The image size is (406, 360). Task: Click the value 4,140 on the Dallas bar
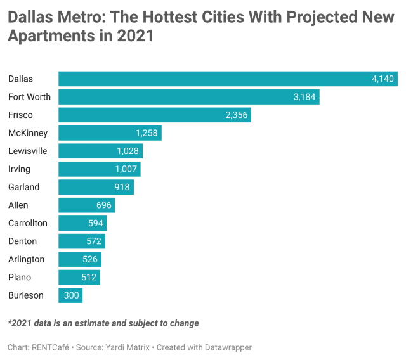pyautogui.click(x=383, y=79)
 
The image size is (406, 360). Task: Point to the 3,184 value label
pyautogui.click(x=304, y=97)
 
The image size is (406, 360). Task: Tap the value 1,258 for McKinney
pyautogui.click(x=147, y=133)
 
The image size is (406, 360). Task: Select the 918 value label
pyautogui.click(x=122, y=187)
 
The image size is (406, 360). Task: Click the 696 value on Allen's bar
pyautogui.click(x=104, y=205)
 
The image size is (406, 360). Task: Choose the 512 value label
pyautogui.click(x=89, y=278)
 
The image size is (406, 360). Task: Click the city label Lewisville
pyautogui.click(x=28, y=151)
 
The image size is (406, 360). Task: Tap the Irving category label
pyautogui.click(x=19, y=169)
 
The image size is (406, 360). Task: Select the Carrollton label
pyautogui.click(x=28, y=223)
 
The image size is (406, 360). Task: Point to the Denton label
pyautogui.click(x=22, y=241)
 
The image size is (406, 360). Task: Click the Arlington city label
pyautogui.click(x=26, y=259)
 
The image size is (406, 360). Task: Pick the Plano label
pyautogui.click(x=20, y=278)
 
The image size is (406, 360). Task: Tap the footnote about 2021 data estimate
pyautogui.click(x=103, y=323)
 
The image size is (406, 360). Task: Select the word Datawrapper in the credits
pyautogui.click(x=230, y=348)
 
